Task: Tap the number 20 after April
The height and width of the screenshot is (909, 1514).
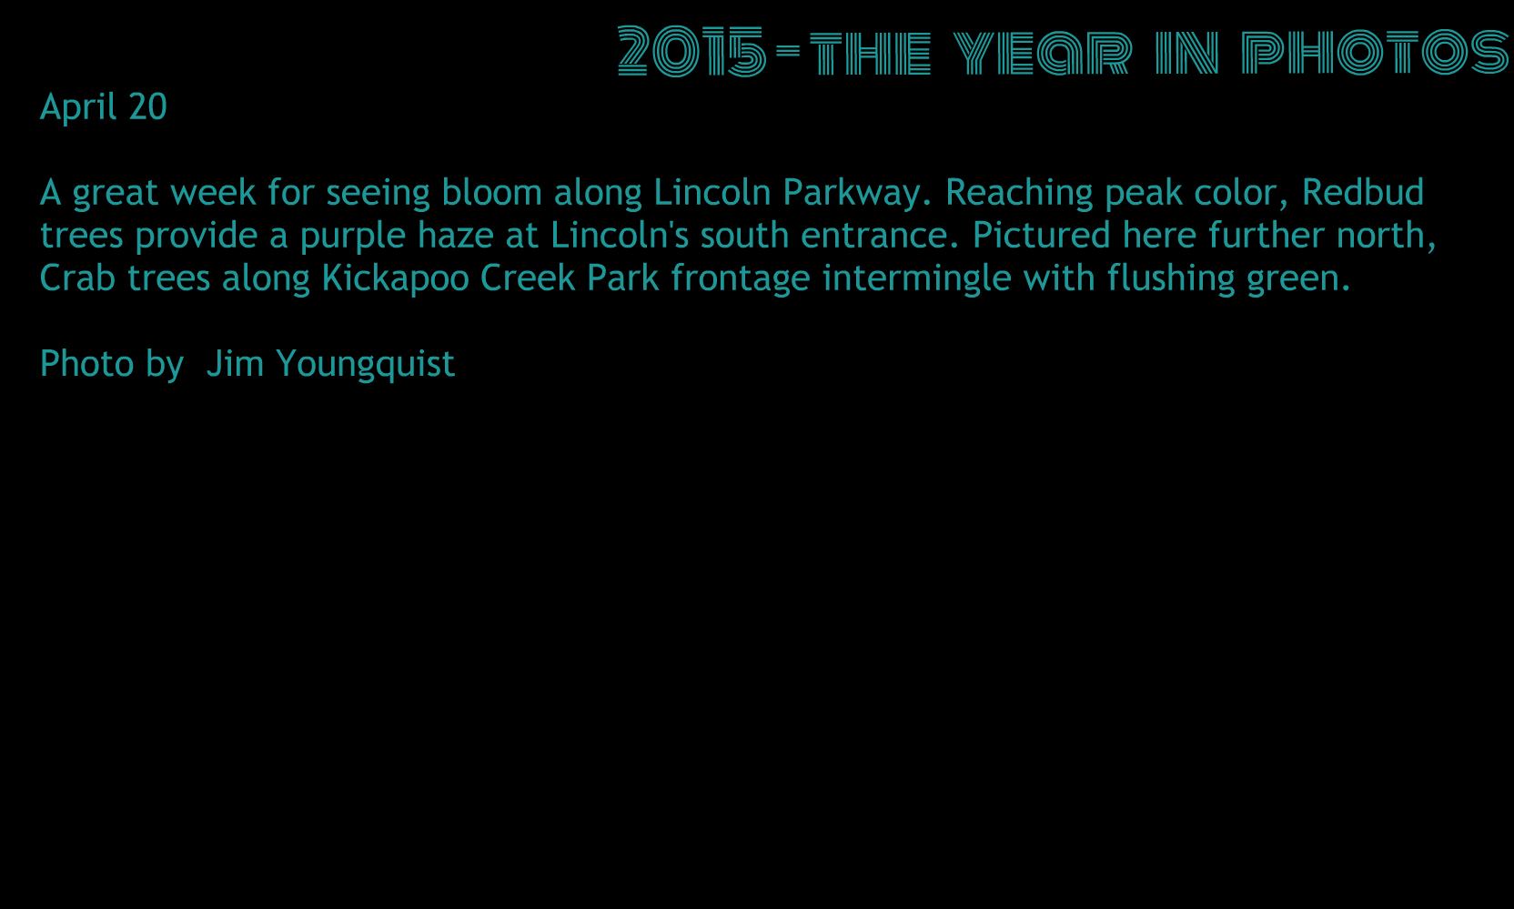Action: pos(147,106)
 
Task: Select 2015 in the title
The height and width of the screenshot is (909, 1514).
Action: pos(691,51)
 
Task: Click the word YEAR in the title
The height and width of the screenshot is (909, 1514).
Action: pos(1043,52)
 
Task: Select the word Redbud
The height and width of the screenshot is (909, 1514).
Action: pos(1363,192)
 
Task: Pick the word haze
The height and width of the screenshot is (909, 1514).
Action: pos(456,235)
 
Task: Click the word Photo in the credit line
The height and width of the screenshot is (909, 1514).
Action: pos(86,363)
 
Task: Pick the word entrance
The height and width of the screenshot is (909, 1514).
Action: pos(879,235)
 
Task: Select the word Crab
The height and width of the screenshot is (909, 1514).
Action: pos(77,278)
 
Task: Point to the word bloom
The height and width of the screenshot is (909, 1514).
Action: pos(491,192)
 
